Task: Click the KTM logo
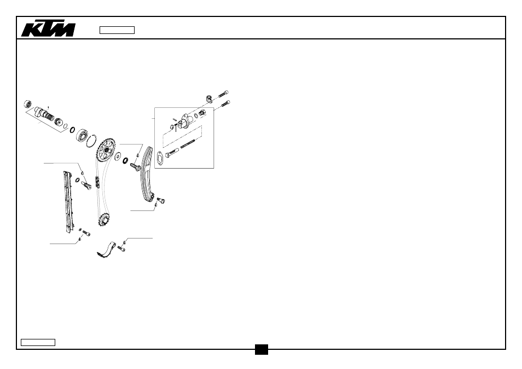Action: [x=48, y=30]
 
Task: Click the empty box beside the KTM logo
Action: [x=117, y=30]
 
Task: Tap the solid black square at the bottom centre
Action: [x=262, y=349]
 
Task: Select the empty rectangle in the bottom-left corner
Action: [x=38, y=342]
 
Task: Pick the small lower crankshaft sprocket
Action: [x=105, y=220]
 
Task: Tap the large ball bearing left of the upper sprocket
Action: [x=82, y=136]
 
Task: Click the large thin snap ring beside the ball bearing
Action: [x=91, y=141]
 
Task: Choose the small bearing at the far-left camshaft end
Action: [x=28, y=104]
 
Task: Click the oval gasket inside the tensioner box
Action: [x=160, y=158]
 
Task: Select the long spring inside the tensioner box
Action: [x=188, y=145]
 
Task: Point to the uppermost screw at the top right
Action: [x=223, y=94]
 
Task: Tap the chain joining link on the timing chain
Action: [x=98, y=182]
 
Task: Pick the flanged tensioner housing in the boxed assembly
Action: [x=185, y=121]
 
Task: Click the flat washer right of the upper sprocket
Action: [x=118, y=156]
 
